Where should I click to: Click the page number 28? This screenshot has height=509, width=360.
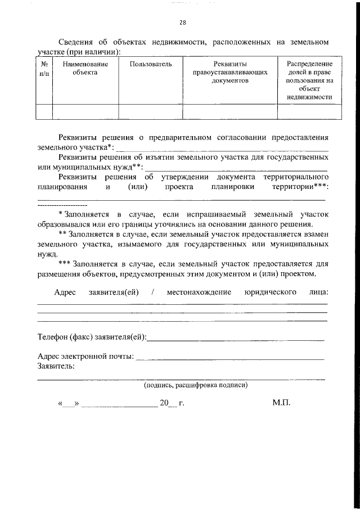[182, 23]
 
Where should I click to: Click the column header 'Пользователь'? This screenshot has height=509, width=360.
[151, 65]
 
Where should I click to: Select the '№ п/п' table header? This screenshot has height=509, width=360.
[44, 69]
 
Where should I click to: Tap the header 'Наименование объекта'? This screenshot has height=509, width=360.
[85, 69]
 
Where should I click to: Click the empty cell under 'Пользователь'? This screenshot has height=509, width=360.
[151, 112]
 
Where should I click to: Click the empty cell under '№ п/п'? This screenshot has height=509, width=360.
[44, 112]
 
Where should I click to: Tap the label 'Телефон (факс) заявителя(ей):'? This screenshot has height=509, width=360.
[92, 337]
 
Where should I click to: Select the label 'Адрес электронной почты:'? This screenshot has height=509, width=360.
[85, 357]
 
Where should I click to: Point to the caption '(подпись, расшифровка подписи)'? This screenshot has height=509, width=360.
[195, 386]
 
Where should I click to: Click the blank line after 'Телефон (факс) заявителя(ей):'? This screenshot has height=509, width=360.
[236, 339]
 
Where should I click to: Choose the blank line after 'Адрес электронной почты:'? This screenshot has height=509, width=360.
[231, 358]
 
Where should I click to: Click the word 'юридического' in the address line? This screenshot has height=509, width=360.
[271, 292]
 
